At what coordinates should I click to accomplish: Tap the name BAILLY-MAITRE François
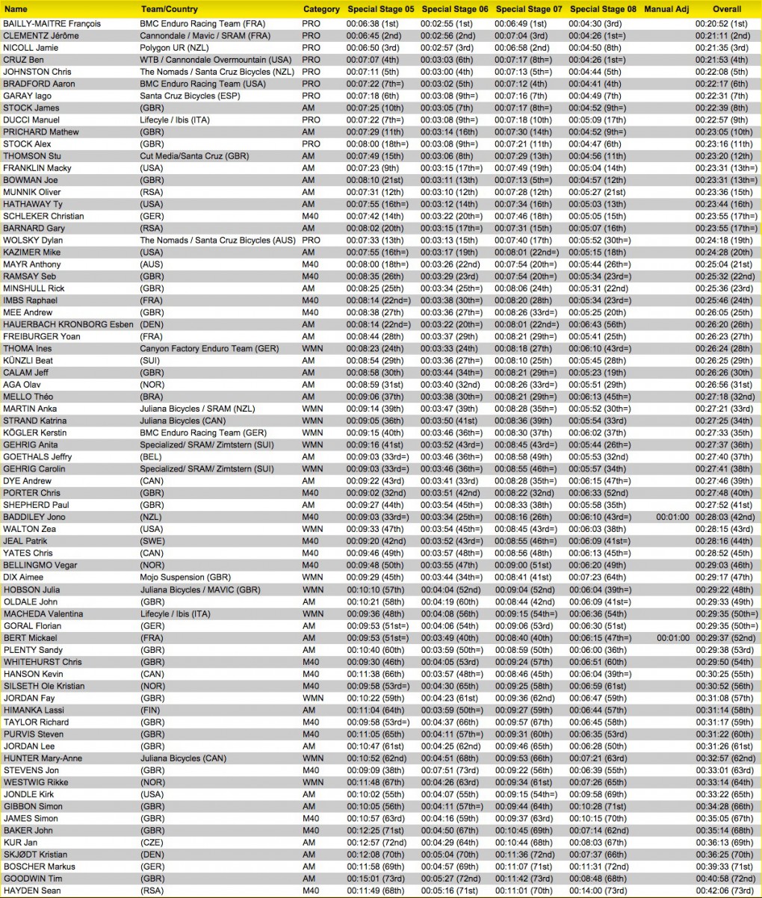(x=52, y=23)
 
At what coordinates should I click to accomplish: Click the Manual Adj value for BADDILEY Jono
(x=672, y=517)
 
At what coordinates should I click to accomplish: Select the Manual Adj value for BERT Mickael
(x=672, y=638)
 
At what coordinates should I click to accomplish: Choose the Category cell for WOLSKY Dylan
(x=312, y=240)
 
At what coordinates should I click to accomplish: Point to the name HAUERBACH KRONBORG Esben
(x=58, y=324)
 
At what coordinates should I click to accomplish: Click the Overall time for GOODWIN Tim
(x=725, y=879)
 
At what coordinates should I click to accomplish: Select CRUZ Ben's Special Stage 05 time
(x=380, y=59)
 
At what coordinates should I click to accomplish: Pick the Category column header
(x=321, y=10)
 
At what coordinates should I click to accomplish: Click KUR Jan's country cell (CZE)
(x=153, y=842)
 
